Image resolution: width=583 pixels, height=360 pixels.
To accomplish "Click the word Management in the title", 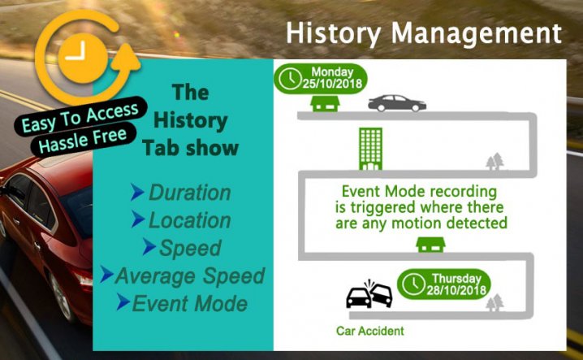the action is [477, 34].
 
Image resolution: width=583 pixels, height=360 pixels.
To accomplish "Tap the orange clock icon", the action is [84, 58].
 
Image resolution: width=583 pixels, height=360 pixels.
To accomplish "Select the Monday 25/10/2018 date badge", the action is [321, 78].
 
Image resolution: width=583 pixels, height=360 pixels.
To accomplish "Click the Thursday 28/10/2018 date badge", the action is [444, 284].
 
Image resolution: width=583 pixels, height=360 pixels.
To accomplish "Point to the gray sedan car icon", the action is [397, 103].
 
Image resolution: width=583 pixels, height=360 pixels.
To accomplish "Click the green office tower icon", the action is [370, 149].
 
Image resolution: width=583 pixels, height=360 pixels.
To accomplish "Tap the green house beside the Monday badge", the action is [325, 102].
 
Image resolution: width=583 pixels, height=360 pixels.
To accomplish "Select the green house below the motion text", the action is [430, 245].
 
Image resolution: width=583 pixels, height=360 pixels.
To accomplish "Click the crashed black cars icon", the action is [369, 294].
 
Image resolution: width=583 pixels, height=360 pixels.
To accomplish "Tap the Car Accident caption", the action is [370, 331].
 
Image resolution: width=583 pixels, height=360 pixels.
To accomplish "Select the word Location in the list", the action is [190, 220].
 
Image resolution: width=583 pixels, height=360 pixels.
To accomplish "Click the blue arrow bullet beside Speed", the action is [149, 247].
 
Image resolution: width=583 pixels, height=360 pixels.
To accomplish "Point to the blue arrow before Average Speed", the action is [106, 275].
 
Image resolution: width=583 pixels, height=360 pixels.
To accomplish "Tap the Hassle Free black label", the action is [84, 139].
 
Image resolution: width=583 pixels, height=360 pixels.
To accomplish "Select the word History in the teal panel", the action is [191, 121].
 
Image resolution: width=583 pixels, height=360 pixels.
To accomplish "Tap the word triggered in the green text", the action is [385, 207].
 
